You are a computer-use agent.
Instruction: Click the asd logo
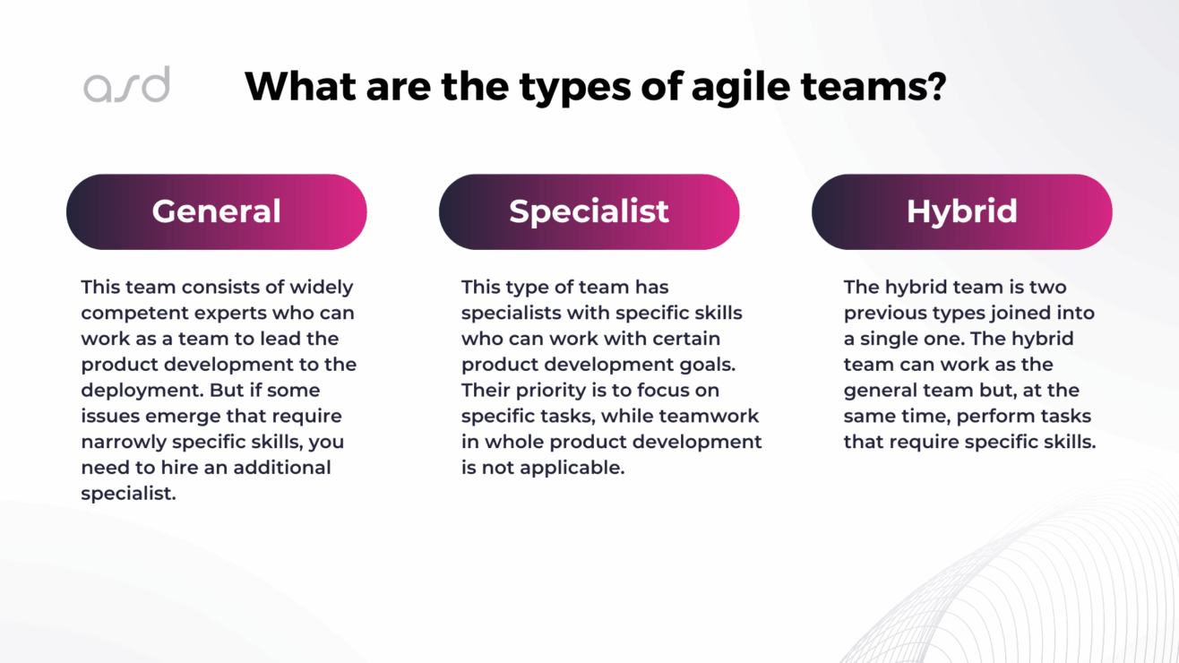pyautogui.click(x=126, y=85)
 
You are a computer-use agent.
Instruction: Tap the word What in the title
pyautogui.click(x=301, y=86)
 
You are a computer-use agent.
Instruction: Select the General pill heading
pyautogui.click(x=216, y=211)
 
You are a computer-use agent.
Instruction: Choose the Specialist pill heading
pyautogui.click(x=589, y=211)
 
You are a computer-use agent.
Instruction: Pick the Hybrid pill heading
pyautogui.click(x=961, y=211)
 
